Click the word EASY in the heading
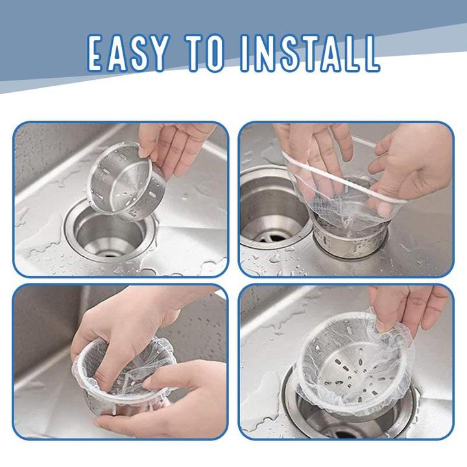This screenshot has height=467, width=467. coord(128,53)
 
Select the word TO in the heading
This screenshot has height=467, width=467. coord(204,53)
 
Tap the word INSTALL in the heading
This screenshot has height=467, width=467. coord(310,53)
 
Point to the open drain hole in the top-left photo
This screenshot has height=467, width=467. coord(110,235)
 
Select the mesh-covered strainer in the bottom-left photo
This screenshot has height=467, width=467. coord(125,376)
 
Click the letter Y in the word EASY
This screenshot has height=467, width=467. coord(156,53)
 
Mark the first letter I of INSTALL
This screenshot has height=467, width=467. coord(245,53)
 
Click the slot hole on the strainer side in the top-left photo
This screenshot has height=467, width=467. coord(152,195)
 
